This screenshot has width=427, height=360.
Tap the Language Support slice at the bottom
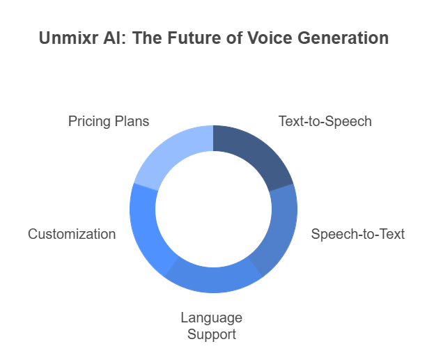tap(213, 280)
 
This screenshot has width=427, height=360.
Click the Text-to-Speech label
tap(325, 121)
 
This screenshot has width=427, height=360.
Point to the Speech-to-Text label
tap(358, 234)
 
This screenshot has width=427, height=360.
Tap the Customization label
tap(72, 234)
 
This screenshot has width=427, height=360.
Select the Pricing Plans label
tap(109, 121)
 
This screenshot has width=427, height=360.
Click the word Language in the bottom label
tap(212, 318)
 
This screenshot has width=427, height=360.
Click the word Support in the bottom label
tap(212, 334)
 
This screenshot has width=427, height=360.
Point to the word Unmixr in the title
tap(69, 38)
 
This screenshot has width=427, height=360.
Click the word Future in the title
tap(194, 38)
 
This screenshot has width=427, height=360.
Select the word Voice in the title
tap(270, 38)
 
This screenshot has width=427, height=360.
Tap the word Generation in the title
tap(343, 38)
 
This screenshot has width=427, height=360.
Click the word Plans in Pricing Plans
tap(132, 121)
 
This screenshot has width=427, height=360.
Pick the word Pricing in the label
tap(89, 121)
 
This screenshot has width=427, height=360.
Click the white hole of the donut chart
tap(213, 209)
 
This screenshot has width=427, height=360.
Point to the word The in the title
tap(148, 38)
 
